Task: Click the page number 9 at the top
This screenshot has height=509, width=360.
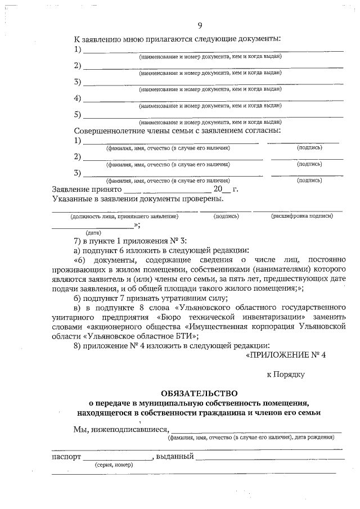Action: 200,25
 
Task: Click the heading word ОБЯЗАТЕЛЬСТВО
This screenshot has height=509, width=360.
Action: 199,393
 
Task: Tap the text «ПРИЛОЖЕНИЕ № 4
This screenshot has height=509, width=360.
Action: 286,355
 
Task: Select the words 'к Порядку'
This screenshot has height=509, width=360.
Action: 285,374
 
